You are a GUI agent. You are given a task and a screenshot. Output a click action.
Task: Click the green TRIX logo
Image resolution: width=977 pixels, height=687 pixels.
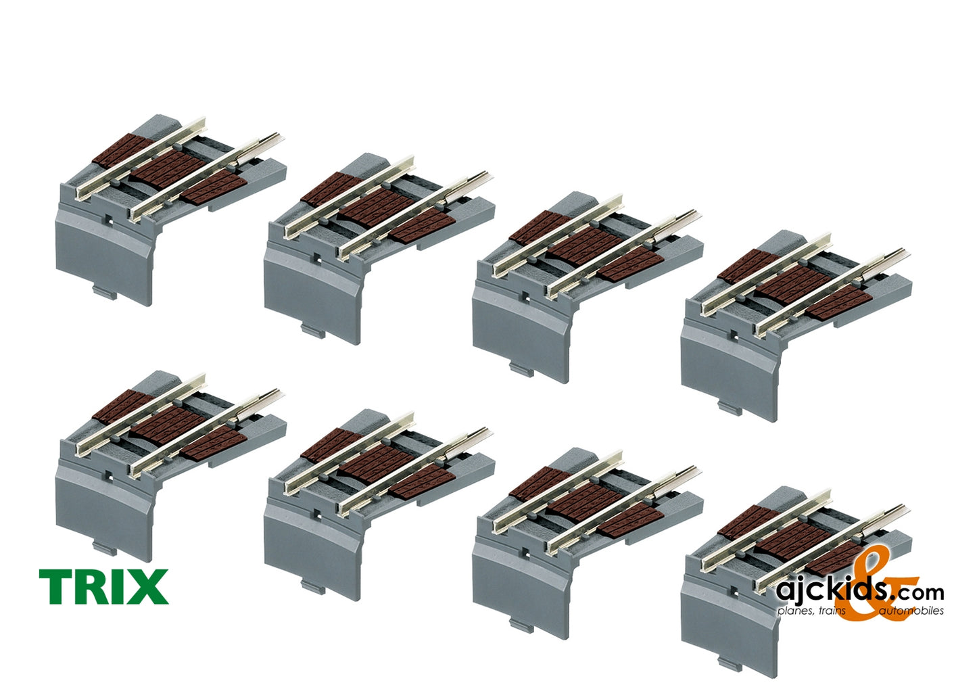[x=103, y=586]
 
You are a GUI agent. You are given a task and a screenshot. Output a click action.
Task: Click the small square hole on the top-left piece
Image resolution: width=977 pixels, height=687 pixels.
[x=109, y=218]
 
